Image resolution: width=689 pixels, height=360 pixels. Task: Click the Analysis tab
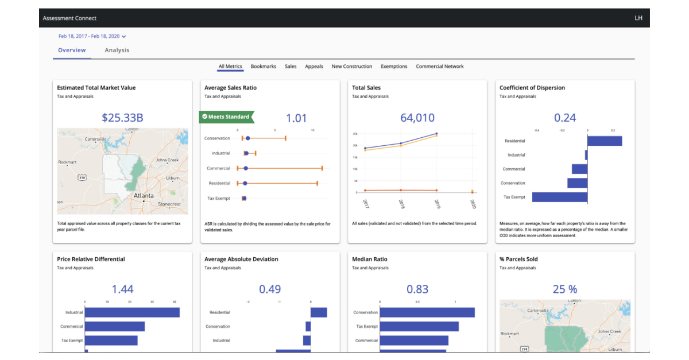117,51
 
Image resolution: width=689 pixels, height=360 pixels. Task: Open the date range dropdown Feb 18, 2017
92,36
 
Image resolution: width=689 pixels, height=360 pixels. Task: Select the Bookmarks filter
264,67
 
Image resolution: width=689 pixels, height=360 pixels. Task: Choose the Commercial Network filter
439,67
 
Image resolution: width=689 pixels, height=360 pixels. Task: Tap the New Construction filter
351,67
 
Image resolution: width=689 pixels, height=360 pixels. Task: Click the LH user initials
638,18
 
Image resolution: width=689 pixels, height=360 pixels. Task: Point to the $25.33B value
122,118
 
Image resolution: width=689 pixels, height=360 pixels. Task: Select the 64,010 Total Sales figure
417,118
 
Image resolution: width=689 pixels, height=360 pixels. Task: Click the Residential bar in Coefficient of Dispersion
605,141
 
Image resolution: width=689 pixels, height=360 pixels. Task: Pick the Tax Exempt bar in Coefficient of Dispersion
560,197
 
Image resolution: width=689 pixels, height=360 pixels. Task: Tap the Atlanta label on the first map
144,196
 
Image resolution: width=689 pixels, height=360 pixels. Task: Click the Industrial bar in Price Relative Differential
132,312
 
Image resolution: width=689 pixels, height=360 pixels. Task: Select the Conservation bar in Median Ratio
427,312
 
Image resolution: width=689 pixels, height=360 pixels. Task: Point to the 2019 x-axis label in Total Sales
437,203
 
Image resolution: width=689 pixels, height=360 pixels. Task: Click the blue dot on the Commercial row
246,168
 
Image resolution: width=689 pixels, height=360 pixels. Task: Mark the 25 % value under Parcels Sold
564,289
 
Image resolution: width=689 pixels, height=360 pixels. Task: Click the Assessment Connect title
69,18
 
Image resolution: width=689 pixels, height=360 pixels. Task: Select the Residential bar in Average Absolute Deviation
319,312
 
